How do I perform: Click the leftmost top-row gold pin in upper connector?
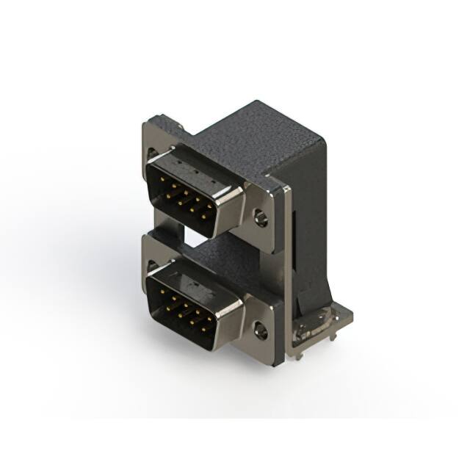pyautogui.click(x=163, y=185)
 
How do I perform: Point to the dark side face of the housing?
pyautogui.click(x=308, y=220)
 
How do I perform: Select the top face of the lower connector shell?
pyautogui.click(x=195, y=275)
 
